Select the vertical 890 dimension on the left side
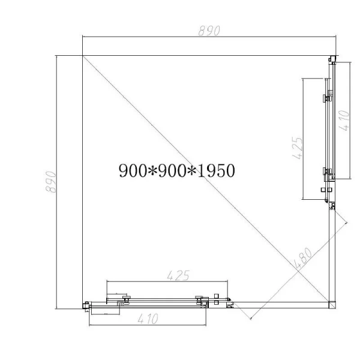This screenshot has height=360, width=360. click(x=52, y=181)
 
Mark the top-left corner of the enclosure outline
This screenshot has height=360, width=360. click(x=82, y=55)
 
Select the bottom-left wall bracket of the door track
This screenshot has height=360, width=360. click(x=86, y=306)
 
